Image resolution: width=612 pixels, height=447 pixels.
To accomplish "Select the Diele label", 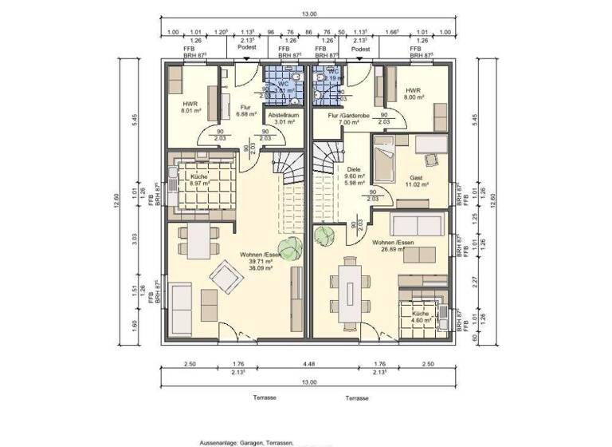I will (x=353, y=169).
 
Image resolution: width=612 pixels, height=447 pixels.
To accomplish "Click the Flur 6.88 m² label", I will (x=240, y=109).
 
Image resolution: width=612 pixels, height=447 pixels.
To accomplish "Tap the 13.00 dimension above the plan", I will (x=309, y=14).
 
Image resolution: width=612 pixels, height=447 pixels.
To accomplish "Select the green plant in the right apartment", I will (x=324, y=235).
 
